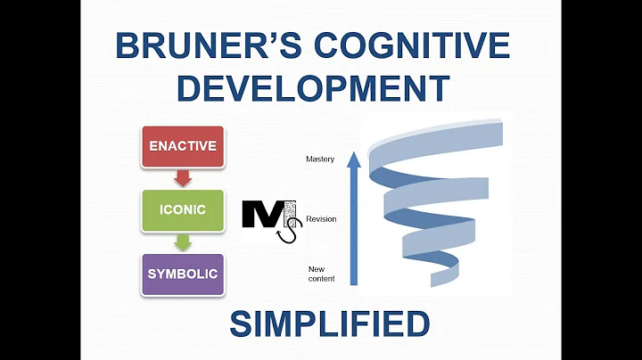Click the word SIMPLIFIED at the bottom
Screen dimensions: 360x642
click(x=329, y=324)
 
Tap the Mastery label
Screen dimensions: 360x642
click(x=319, y=160)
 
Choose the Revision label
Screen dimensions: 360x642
click(x=321, y=219)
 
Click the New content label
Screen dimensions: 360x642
click(x=322, y=274)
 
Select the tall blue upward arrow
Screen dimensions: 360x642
click(x=353, y=223)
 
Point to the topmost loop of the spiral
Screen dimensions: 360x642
click(x=437, y=151)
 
